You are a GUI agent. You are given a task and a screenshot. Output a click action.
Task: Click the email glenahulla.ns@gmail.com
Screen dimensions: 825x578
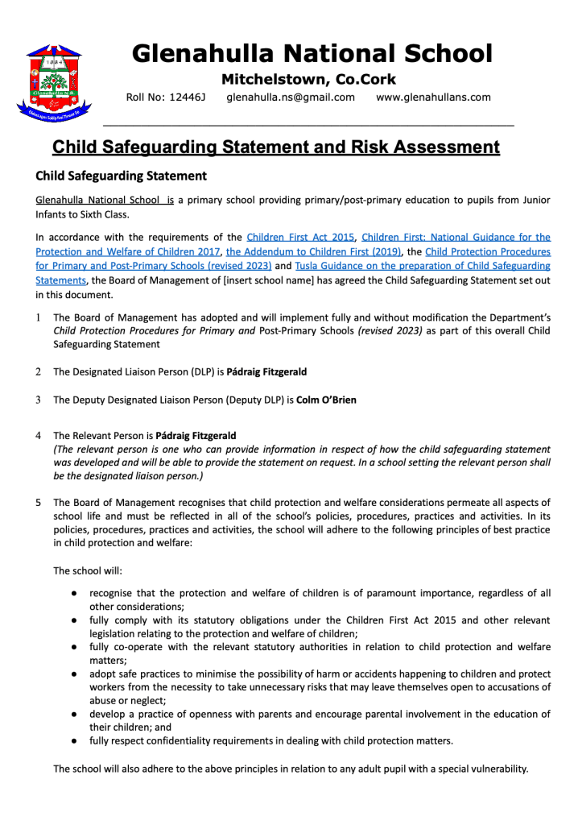pos(291,97)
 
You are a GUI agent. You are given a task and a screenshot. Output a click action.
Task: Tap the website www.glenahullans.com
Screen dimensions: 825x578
pos(433,97)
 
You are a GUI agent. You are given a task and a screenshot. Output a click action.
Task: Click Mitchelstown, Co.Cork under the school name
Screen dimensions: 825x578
pos(308,79)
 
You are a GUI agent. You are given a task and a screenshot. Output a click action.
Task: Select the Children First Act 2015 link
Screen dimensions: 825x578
pos(300,237)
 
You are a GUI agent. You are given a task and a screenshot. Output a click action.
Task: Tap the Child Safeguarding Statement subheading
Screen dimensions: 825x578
pos(121,176)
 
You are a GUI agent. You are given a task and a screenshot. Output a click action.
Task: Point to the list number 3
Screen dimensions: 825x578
pos(38,400)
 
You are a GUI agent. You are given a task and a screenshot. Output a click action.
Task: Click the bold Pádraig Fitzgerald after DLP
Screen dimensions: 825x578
pos(266,371)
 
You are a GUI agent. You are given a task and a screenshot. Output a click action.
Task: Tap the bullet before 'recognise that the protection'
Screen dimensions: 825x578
pos(73,593)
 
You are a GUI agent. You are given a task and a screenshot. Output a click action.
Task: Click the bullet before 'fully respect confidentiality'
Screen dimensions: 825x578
pos(73,740)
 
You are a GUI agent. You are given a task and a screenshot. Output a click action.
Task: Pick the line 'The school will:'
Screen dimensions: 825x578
pos(88,570)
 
